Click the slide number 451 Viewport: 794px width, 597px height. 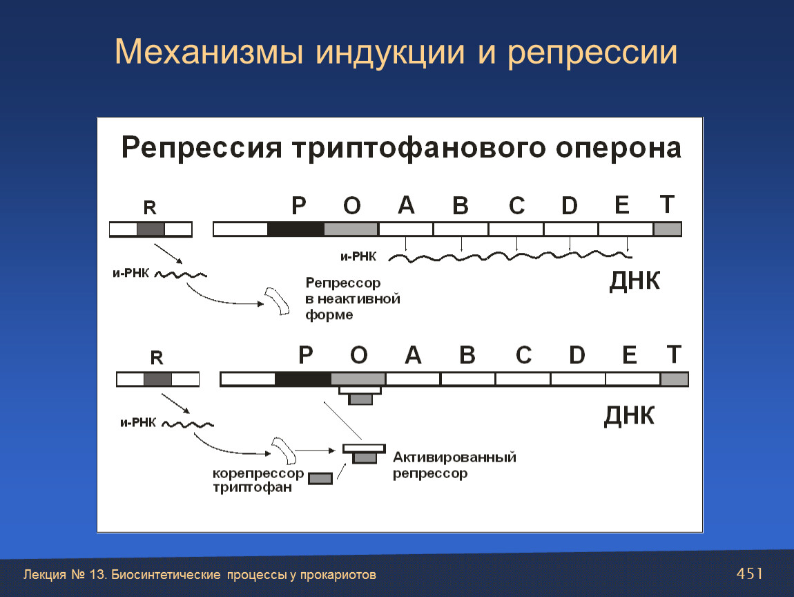pos(749,574)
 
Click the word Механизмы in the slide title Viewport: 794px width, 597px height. pos(209,53)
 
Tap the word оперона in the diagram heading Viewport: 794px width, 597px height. pos(619,148)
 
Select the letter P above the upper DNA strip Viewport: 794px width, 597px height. pos(299,206)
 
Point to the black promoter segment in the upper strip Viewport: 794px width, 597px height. pos(296,229)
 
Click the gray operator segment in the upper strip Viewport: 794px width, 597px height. pos(351,229)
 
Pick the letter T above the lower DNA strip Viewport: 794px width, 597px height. pos(673,354)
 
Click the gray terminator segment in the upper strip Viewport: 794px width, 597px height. pos(668,229)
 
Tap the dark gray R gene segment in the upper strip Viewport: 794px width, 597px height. pos(151,229)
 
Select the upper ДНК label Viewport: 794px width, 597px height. pos(635,281)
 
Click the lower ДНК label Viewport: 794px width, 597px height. pos(629,415)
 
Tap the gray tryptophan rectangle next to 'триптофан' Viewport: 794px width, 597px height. pos(320,478)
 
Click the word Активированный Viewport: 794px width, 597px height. pos(455,457)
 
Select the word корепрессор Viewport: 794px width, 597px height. pos(258,473)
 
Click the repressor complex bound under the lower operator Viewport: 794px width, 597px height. pos(360,395)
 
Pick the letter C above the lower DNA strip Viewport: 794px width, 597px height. pos(523,354)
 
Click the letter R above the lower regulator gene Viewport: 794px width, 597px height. pos(157,358)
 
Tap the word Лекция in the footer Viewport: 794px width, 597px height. pos(45,575)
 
